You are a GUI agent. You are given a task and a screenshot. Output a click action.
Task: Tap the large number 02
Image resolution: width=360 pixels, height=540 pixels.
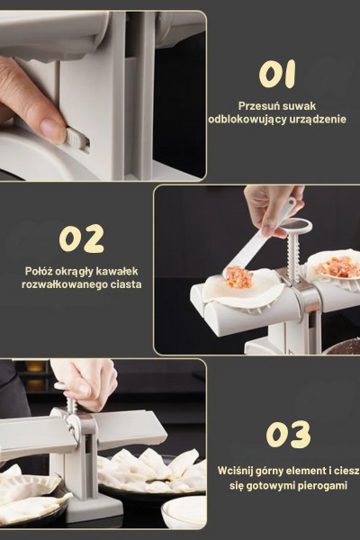[82, 238]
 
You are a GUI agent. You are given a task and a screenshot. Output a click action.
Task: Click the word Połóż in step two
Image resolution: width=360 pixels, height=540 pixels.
[42, 271]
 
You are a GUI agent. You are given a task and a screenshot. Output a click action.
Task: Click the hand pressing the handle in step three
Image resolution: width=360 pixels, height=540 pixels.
[85, 380]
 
